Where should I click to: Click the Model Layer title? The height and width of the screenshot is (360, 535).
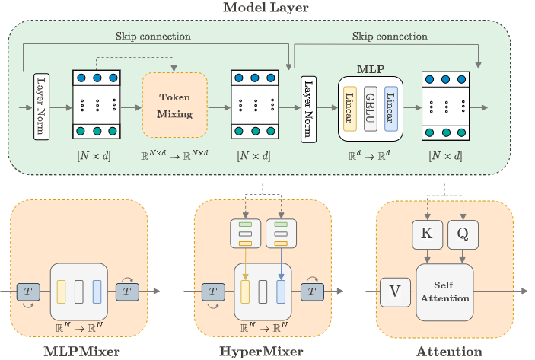coord(267,8)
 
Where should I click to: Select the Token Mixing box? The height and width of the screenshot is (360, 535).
coord(174,105)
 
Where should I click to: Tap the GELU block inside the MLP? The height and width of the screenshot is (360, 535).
coord(371,108)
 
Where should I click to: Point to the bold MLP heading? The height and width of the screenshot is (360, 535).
coord(371,69)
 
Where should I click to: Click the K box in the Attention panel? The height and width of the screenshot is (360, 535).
coord(427,235)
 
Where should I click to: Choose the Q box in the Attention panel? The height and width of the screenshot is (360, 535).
coord(463,235)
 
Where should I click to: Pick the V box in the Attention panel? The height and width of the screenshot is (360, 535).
coord(394,292)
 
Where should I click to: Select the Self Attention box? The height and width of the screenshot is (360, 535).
coord(445,292)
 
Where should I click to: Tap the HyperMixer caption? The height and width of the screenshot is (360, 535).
coord(261,352)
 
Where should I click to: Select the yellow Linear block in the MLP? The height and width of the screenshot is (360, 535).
coord(351,108)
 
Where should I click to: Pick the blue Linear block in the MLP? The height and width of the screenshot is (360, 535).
coord(390,108)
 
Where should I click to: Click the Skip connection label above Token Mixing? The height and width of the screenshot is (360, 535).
coord(153,36)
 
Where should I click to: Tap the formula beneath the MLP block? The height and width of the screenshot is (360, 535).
coord(371,155)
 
